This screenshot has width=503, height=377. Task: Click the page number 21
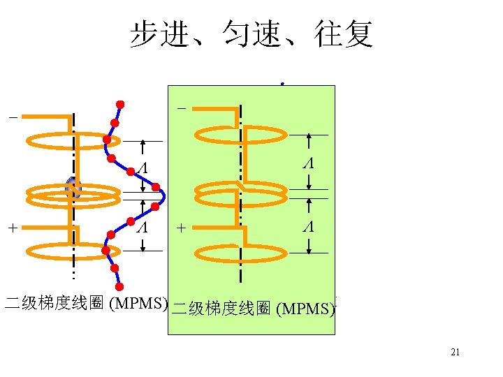click(x=455, y=353)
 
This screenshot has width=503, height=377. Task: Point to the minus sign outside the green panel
click(x=12, y=118)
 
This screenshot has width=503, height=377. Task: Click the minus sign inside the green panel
click(x=182, y=109)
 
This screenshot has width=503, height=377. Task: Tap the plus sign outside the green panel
click(x=12, y=228)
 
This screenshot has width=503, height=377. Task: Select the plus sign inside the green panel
click(x=182, y=228)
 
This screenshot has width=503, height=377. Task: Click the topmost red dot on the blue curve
click(x=120, y=105)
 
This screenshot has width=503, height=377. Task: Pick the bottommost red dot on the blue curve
click(x=119, y=287)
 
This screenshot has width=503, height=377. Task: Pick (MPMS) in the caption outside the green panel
click(x=138, y=304)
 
